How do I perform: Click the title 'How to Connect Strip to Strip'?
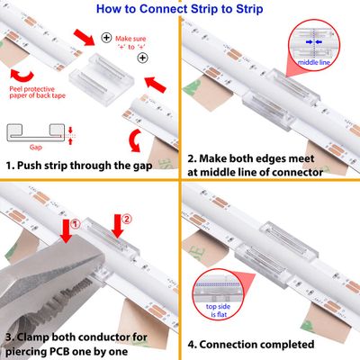click(180, 9)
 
